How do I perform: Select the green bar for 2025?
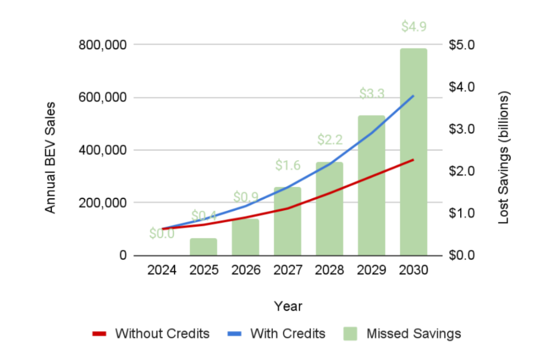click(204, 247)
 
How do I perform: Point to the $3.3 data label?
click(371, 93)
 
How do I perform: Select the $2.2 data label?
click(330, 140)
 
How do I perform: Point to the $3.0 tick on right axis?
click(461, 129)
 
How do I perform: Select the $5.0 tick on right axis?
click(461, 45)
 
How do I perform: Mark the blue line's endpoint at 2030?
click(413, 96)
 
